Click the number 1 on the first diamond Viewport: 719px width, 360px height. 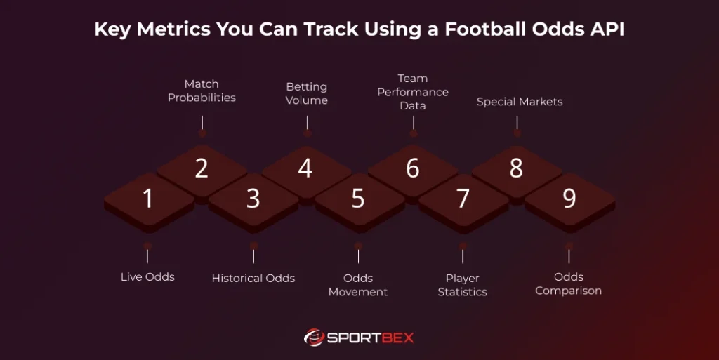click(x=147, y=199)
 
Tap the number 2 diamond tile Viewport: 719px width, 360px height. click(x=202, y=168)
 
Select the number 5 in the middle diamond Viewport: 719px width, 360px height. click(x=358, y=199)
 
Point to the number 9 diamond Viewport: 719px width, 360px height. click(x=569, y=199)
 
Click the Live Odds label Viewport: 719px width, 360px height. click(x=147, y=277)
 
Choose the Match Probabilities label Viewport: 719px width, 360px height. click(x=202, y=91)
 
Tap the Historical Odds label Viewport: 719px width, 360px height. click(x=253, y=279)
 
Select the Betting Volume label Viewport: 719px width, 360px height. click(x=307, y=93)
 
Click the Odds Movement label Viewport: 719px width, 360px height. click(x=358, y=285)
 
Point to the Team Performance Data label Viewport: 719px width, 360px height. click(x=413, y=92)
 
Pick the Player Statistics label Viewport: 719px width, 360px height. click(x=463, y=285)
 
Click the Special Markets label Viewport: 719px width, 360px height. click(x=520, y=102)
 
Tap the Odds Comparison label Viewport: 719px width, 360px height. click(x=569, y=284)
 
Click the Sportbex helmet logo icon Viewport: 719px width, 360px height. click(x=314, y=338)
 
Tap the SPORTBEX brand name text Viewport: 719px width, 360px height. click(x=370, y=338)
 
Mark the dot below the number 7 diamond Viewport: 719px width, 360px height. click(x=463, y=246)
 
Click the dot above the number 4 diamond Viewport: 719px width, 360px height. click(x=307, y=133)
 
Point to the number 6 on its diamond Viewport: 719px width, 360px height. click(x=413, y=168)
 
